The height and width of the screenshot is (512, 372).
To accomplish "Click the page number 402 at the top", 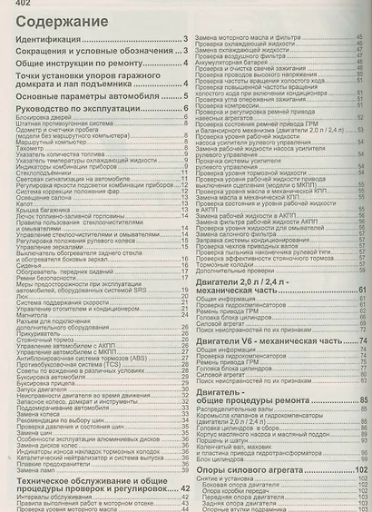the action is [15, 5].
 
